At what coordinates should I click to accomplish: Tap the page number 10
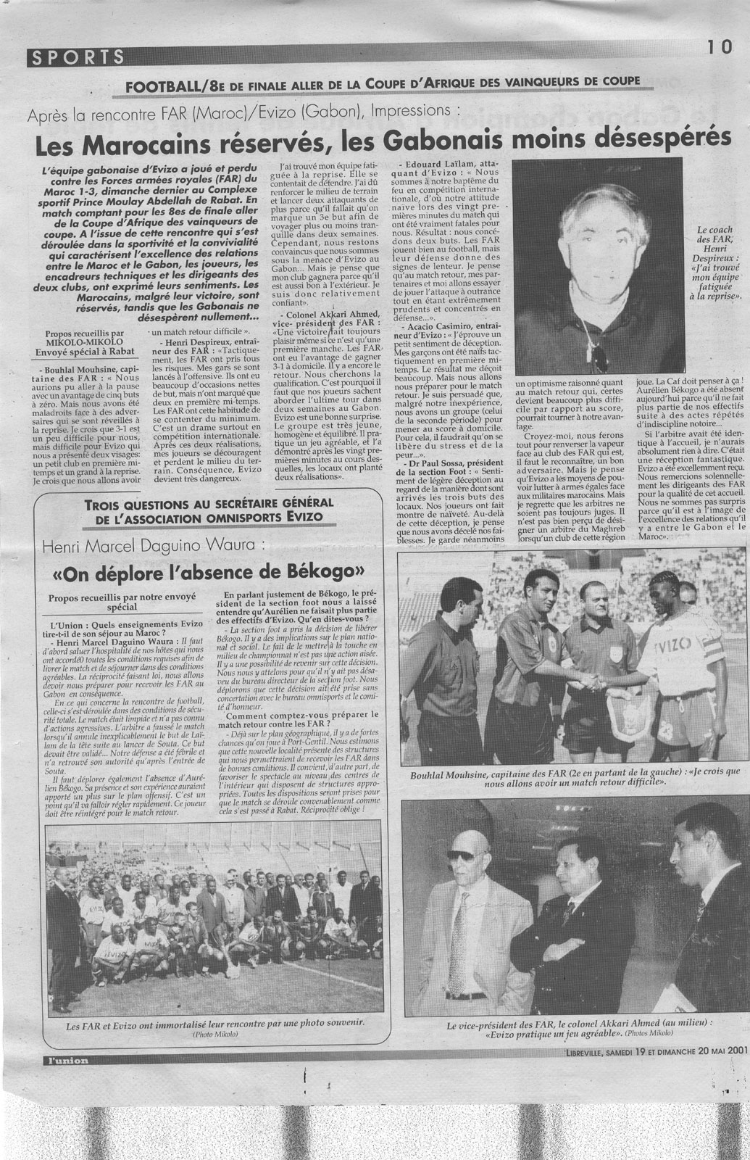pyautogui.click(x=721, y=47)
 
